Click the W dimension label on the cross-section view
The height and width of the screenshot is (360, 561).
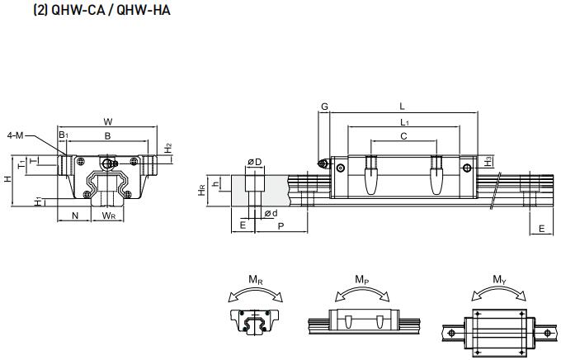click(x=107, y=121)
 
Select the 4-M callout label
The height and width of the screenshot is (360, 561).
click(x=16, y=135)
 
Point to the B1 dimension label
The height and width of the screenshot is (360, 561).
click(x=63, y=135)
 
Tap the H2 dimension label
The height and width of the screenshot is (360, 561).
click(x=168, y=149)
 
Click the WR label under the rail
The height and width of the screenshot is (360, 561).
click(x=108, y=216)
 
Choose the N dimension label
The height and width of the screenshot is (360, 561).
click(x=75, y=216)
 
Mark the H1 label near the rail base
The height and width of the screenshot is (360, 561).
click(x=39, y=201)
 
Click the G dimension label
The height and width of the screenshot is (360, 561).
click(x=324, y=107)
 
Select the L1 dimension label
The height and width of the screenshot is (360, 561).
click(x=403, y=122)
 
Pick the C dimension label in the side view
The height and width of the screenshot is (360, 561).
click(x=403, y=136)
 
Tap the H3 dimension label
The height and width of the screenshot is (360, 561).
click(x=489, y=161)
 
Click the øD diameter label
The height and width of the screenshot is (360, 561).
click(x=255, y=161)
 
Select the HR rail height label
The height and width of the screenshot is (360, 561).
click(x=202, y=189)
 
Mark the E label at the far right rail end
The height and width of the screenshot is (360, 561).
click(x=541, y=228)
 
